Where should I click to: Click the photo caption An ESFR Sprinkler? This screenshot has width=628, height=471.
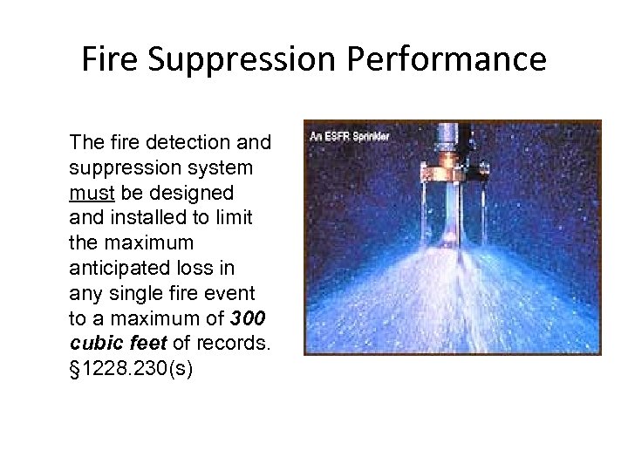(x=350, y=136)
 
